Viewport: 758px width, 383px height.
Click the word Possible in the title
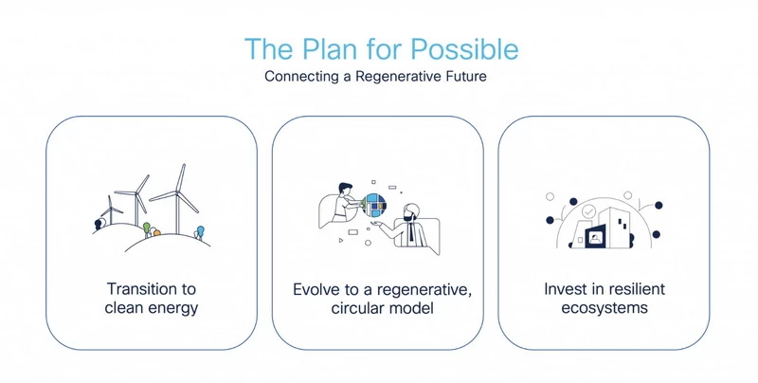click(x=464, y=50)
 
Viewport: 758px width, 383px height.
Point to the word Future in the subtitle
click(x=463, y=76)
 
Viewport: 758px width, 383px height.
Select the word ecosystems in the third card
click(x=605, y=307)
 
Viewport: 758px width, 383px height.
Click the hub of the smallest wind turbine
click(x=111, y=209)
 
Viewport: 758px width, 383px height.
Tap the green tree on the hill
click(x=147, y=228)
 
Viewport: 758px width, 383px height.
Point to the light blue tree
click(x=200, y=230)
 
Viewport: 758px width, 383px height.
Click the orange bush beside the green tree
click(x=156, y=232)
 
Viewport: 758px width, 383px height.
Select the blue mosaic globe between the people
click(x=375, y=205)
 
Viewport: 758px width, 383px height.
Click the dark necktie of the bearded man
click(x=411, y=232)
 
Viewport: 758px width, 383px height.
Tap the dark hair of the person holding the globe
click(x=345, y=186)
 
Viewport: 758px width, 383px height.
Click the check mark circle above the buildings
click(x=588, y=211)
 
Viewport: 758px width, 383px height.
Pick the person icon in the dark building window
click(x=594, y=237)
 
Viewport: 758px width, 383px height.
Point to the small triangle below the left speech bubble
click(x=341, y=240)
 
